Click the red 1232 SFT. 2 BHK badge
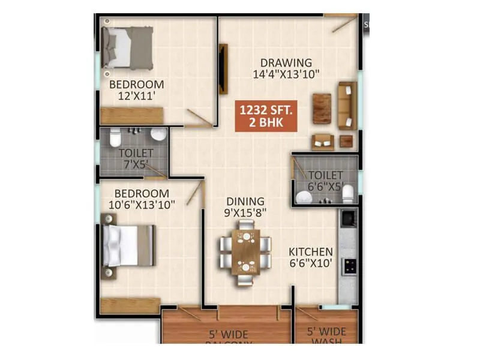point(268,116)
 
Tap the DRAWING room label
point(286,62)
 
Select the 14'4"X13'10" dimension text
point(286,74)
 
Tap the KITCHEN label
point(310,251)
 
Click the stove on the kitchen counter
point(349,266)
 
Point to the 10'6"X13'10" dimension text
point(142,205)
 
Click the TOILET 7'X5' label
point(135,158)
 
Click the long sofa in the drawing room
point(347,106)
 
